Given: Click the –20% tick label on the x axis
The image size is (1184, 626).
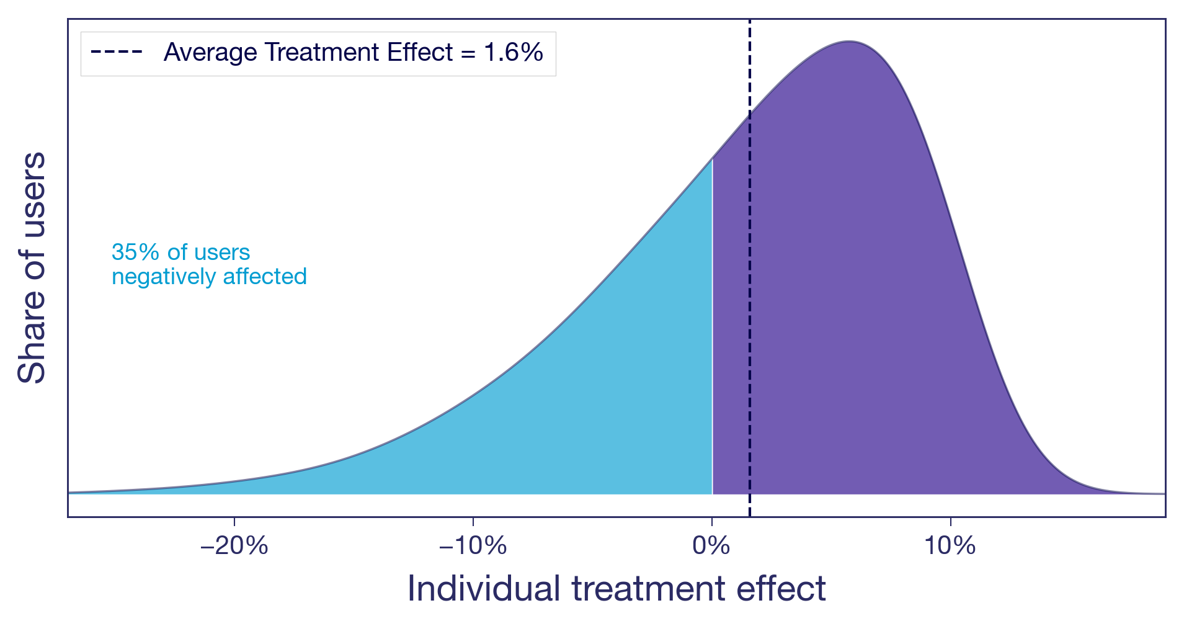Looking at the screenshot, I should coord(234,546).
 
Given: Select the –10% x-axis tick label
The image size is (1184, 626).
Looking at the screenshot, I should coord(473,546).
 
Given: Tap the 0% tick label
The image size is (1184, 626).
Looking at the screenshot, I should coord(711,546).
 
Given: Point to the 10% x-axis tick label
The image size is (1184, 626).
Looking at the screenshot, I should coord(950,546).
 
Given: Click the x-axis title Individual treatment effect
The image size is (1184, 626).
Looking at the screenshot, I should coord(616,588).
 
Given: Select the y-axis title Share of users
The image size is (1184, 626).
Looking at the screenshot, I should coord(32,267).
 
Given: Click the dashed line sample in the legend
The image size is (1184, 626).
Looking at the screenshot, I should coord(117,52).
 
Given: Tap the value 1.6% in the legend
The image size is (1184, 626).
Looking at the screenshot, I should coord(514,52).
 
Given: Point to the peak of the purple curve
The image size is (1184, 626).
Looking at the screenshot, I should coord(850,42).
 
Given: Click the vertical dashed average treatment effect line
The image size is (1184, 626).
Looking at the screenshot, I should coord(750,310).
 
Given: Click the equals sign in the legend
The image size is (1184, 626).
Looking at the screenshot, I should coord(469,53).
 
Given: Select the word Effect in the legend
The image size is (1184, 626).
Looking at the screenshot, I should coord(421,52).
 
